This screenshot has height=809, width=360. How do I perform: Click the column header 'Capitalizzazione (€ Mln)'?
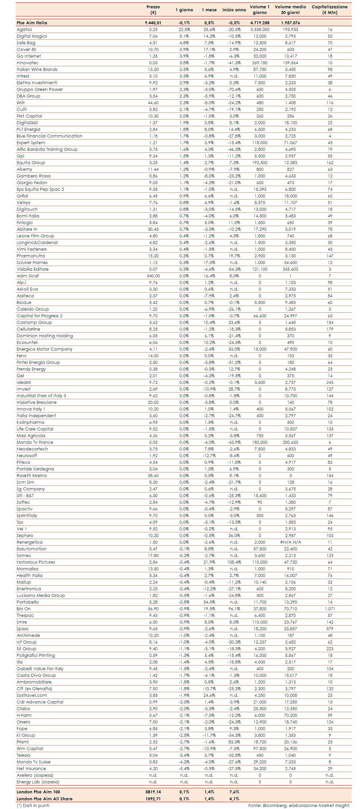[x=329, y=9]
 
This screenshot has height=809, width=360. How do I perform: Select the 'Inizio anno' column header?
[x=234, y=10]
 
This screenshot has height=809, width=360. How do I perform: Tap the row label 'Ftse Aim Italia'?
[x=32, y=23]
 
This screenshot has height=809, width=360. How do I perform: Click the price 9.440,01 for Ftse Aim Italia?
[x=153, y=23]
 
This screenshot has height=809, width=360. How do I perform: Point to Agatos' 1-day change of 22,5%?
[x=184, y=29]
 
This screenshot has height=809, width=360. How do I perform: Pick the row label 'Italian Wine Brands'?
[x=37, y=69]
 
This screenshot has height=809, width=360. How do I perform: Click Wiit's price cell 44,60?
[x=153, y=103]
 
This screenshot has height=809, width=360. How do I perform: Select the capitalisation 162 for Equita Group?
[x=330, y=162]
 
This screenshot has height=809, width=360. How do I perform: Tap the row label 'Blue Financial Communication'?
[x=50, y=136]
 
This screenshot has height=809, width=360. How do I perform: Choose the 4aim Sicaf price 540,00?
[x=153, y=276]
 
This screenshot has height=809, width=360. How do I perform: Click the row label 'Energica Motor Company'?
[x=45, y=349]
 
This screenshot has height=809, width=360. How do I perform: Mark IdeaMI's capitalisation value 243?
[x=330, y=382]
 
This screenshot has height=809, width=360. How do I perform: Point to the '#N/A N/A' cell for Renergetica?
[x=290, y=542]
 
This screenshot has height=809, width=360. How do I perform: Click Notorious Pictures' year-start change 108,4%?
[x=234, y=562]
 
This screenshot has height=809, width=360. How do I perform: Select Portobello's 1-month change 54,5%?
[x=209, y=602]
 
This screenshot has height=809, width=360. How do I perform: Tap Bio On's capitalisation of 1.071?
[x=330, y=609]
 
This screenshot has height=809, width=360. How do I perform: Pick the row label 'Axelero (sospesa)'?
[x=35, y=775]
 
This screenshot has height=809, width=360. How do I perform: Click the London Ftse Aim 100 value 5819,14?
[x=153, y=792]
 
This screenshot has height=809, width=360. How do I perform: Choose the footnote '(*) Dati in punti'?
[x=33, y=805]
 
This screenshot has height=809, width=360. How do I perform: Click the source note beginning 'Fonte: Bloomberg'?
[x=299, y=805]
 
